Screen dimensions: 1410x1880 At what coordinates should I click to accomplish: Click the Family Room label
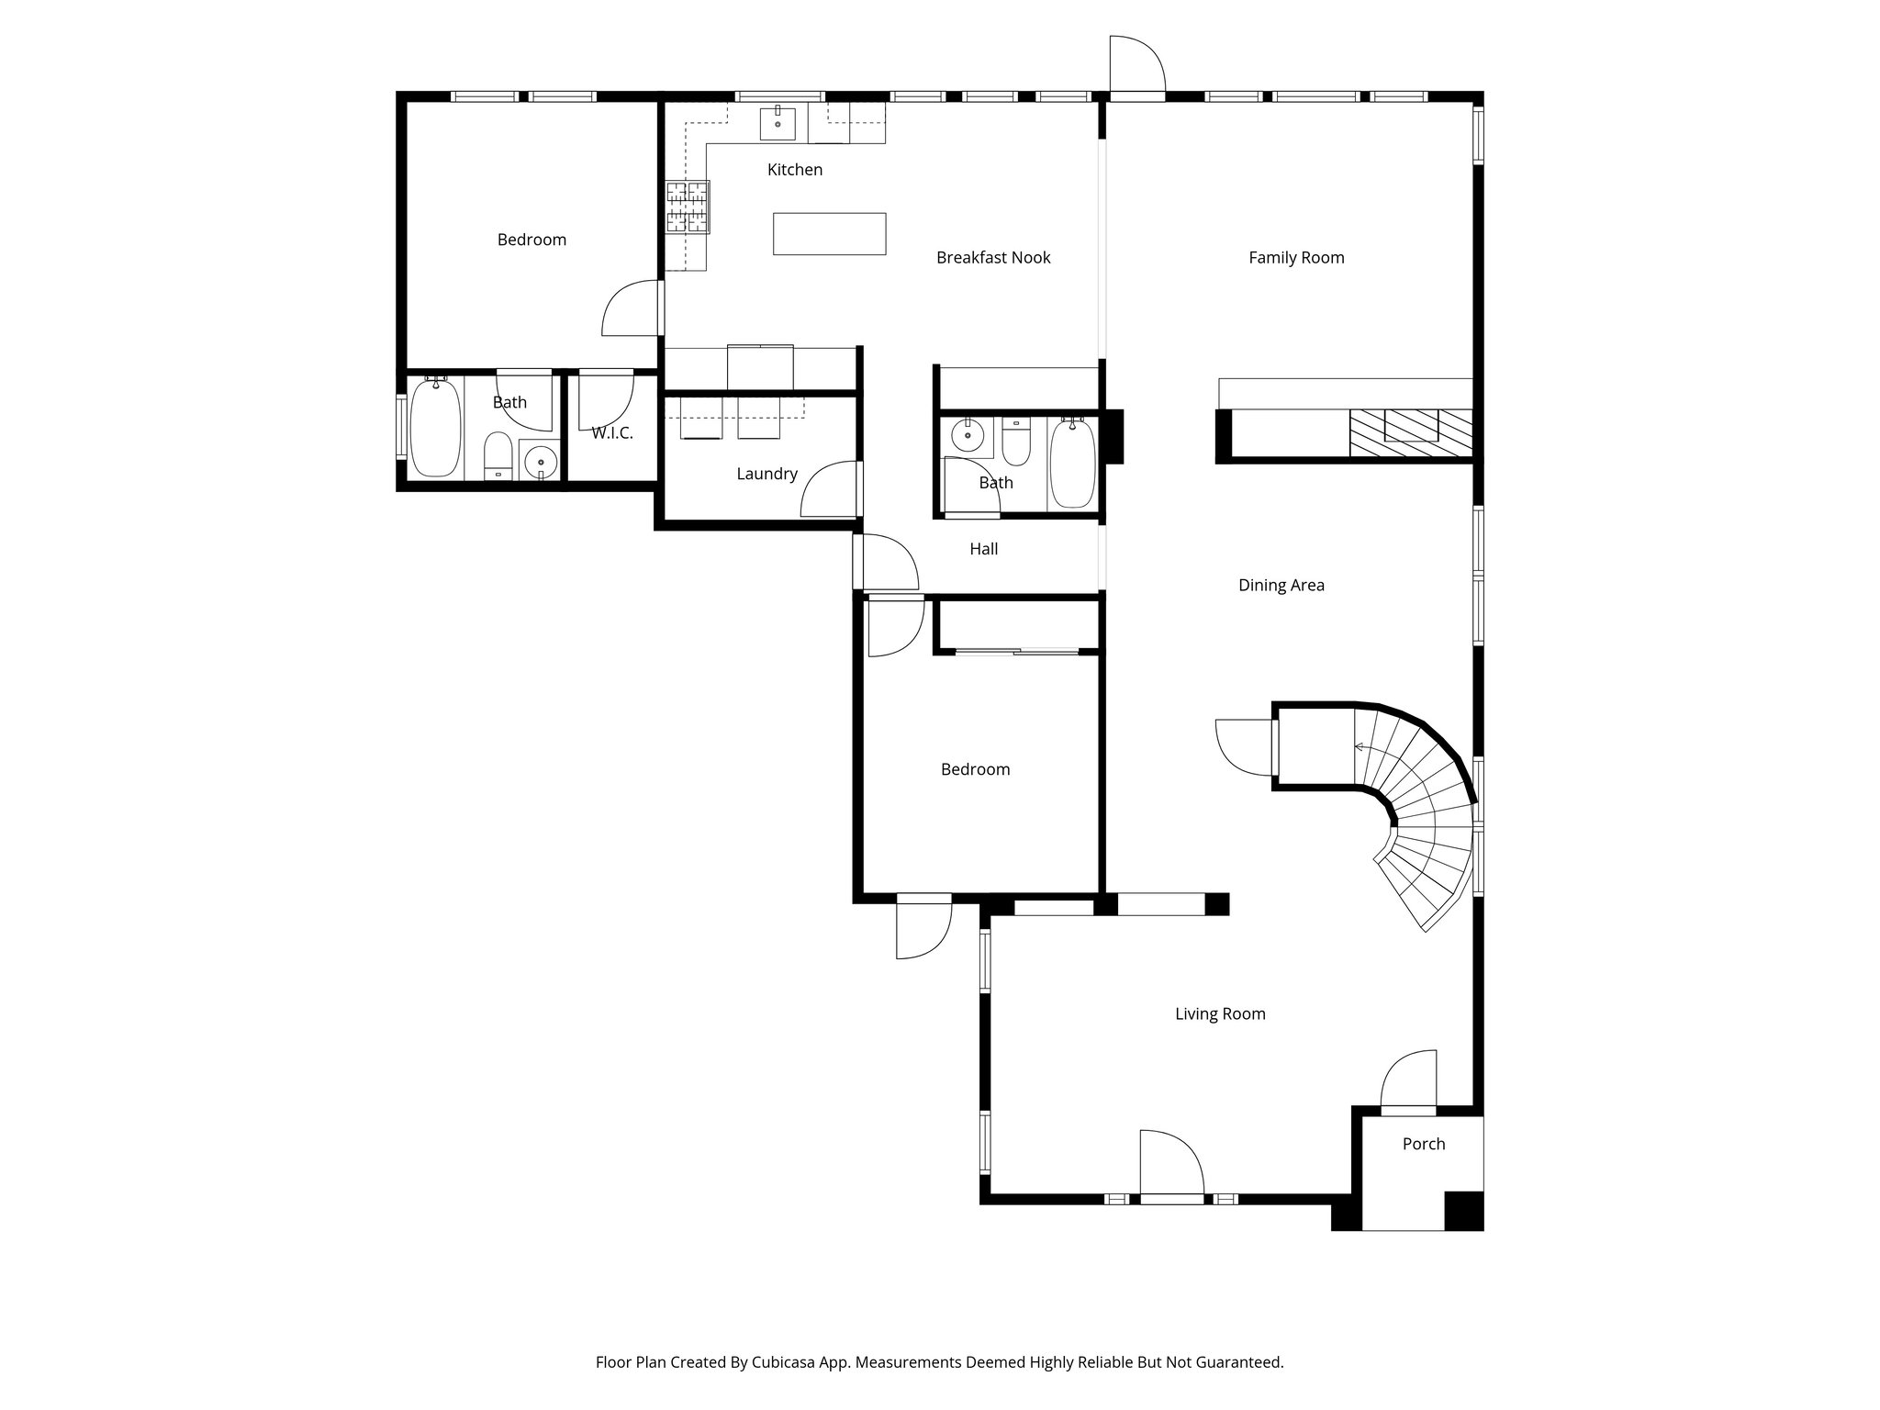pyautogui.click(x=1295, y=258)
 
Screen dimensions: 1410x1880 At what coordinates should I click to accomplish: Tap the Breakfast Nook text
pyautogui.click(x=992, y=258)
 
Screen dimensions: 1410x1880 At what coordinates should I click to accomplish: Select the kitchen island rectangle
pyautogui.click(x=829, y=233)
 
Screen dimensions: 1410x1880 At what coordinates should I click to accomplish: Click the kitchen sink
pyautogui.click(x=778, y=123)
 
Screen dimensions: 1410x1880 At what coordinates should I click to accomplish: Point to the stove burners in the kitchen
pyautogui.click(x=688, y=207)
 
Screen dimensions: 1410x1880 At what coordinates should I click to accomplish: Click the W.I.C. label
pyautogui.click(x=611, y=433)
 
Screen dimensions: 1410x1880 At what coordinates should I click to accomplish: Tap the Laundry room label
pyautogui.click(x=767, y=474)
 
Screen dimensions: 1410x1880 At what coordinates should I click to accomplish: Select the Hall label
pyautogui.click(x=983, y=549)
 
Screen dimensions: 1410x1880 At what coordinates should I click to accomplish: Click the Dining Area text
pyautogui.click(x=1281, y=586)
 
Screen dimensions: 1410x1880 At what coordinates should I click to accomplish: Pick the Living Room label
pyautogui.click(x=1219, y=1013)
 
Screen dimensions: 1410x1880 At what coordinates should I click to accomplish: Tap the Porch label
pyautogui.click(x=1423, y=1144)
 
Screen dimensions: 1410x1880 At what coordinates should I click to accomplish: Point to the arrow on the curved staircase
pyautogui.click(x=1360, y=748)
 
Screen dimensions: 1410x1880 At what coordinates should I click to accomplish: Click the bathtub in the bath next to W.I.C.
pyautogui.click(x=435, y=428)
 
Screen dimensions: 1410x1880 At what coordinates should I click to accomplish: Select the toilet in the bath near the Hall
pyautogui.click(x=1015, y=442)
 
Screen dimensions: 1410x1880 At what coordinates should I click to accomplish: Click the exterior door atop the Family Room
pyautogui.click(x=1136, y=66)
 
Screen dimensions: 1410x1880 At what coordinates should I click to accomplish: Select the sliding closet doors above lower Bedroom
pyautogui.click(x=1016, y=652)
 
